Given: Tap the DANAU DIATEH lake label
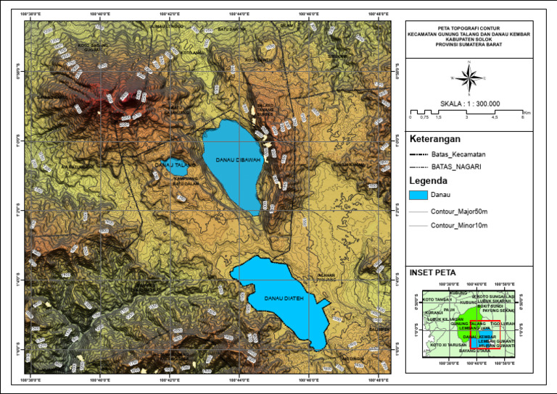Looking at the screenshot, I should tap(283, 298).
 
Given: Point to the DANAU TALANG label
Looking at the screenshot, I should tap(174, 166).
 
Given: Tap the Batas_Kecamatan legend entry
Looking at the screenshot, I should tap(458, 155).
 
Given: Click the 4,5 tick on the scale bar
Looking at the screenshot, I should tap(495, 117).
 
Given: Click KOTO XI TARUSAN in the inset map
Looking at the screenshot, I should tap(447, 345).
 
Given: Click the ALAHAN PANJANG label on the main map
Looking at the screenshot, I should tap(325, 277).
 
